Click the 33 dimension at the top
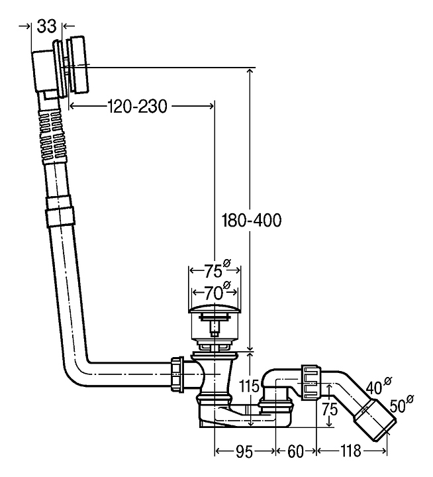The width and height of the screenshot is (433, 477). [x=46, y=26]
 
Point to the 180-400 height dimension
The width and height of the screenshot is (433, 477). [x=252, y=221]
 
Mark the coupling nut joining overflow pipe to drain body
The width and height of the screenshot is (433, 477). [x=177, y=375]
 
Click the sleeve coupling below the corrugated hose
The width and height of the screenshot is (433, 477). [x=60, y=216]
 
